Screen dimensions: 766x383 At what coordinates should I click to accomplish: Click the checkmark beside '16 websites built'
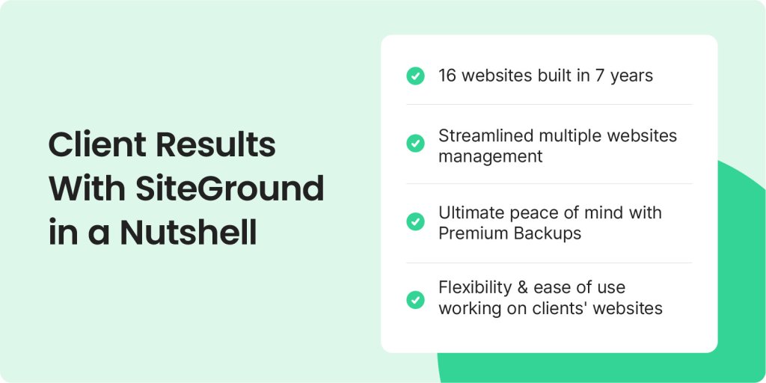point(415,76)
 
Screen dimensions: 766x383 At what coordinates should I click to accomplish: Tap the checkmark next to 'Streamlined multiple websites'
point(415,143)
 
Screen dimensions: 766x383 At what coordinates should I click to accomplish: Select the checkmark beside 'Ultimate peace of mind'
point(415,221)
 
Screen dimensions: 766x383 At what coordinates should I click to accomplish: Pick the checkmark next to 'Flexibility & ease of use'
point(415,299)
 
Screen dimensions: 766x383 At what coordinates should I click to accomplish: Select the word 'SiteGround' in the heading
point(230,189)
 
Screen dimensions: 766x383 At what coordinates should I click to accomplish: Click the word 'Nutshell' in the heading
point(189,233)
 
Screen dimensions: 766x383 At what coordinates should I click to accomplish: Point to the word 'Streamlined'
point(485,135)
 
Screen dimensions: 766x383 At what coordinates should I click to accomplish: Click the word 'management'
point(491,157)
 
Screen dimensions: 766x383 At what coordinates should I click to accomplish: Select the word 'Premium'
point(472,233)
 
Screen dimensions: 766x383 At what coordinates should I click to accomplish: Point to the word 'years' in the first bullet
point(631,77)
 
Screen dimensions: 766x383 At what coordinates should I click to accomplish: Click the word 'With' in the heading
point(87,189)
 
